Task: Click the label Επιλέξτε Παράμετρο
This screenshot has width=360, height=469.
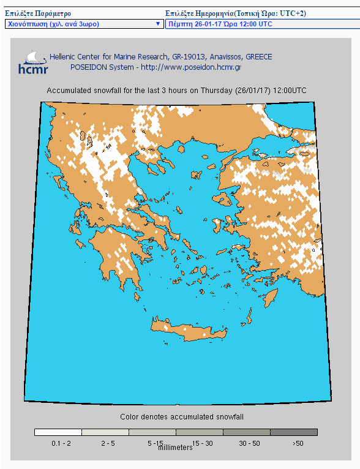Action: tap(38, 13)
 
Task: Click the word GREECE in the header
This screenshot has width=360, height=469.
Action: tap(259, 57)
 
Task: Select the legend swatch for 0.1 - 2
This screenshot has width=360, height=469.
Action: tap(58, 432)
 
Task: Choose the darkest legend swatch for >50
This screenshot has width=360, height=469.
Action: tap(294, 432)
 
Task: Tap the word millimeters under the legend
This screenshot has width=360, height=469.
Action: tap(175, 448)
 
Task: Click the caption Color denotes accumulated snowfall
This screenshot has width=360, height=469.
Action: tap(177, 417)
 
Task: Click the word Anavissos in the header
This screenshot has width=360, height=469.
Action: tap(210, 57)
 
